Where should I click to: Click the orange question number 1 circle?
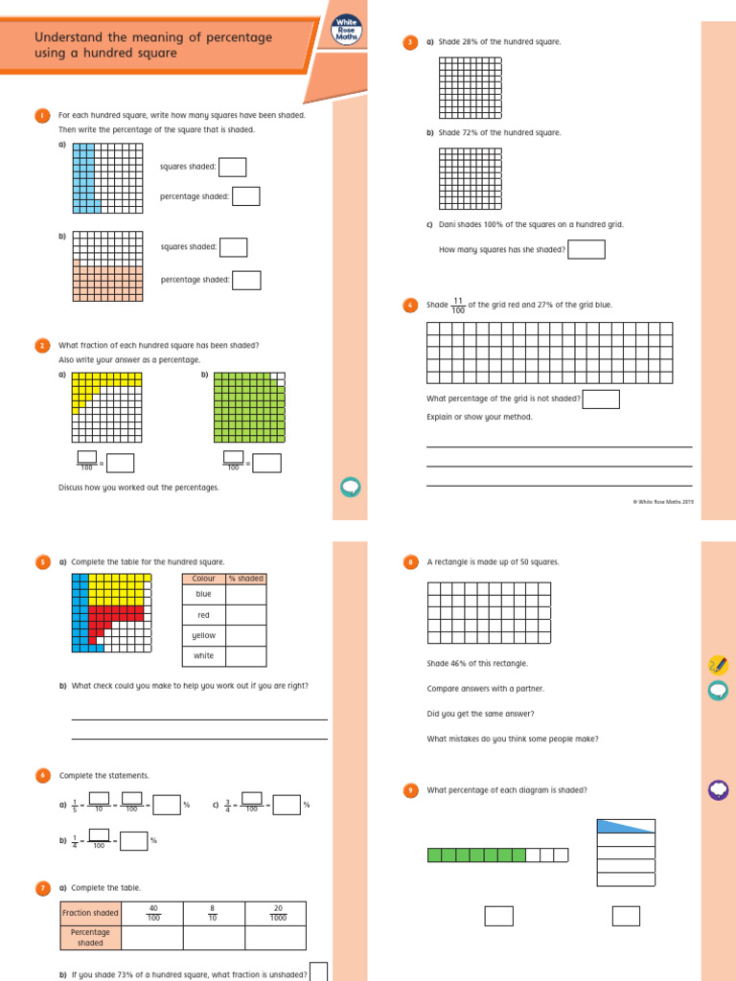click(x=42, y=115)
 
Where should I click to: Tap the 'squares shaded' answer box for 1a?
click(x=232, y=167)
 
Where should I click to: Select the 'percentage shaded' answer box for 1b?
click(x=246, y=280)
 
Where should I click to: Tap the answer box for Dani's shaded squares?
click(x=586, y=249)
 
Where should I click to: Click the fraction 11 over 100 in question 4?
click(x=458, y=306)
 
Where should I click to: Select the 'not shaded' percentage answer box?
click(x=601, y=399)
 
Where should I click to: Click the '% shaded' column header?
click(x=245, y=579)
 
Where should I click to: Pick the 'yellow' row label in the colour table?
click(x=203, y=635)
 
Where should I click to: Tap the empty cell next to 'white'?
click(x=245, y=656)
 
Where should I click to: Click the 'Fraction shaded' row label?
click(x=91, y=913)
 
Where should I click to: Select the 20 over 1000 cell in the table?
click(x=275, y=913)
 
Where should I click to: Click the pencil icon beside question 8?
click(x=717, y=664)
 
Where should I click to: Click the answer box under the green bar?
click(x=498, y=916)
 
